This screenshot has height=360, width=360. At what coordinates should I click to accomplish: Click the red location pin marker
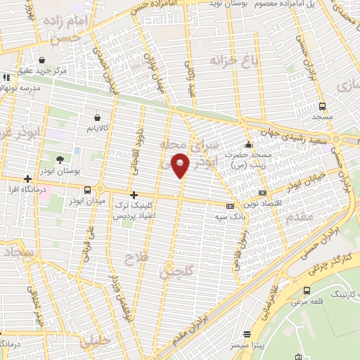click(x=181, y=166)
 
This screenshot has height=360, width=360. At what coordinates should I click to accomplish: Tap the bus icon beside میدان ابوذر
click(x=87, y=190)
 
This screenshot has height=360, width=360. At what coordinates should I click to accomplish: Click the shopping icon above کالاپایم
click(x=96, y=117)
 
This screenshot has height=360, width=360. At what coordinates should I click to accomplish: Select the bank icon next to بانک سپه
click(x=229, y=206)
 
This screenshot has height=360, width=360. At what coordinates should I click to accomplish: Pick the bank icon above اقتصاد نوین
click(x=262, y=192)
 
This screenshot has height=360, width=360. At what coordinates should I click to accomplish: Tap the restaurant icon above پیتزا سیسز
click(x=246, y=334)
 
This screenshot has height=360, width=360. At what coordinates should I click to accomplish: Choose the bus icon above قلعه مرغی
click(x=306, y=290)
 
